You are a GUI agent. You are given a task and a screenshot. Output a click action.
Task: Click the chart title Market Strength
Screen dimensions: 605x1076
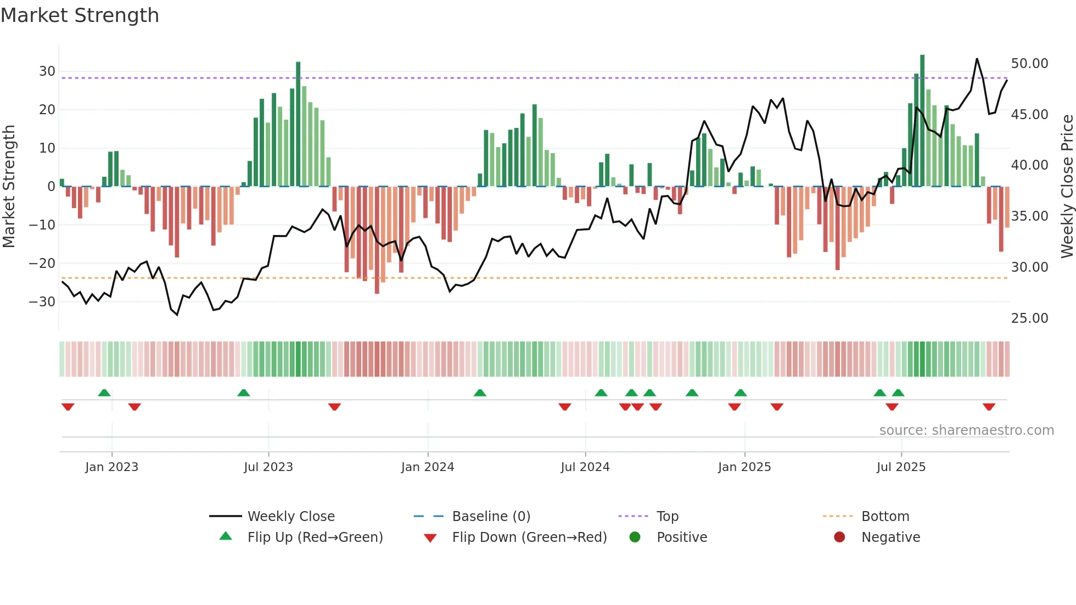pyautogui.click(x=80, y=15)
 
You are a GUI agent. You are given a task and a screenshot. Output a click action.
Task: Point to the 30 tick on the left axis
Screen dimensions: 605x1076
pyautogui.click(x=47, y=71)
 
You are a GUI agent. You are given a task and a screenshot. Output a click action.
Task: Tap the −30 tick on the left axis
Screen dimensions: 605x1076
pyautogui.click(x=43, y=302)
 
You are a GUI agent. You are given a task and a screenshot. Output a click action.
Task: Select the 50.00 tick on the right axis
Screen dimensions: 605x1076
pyautogui.click(x=1029, y=64)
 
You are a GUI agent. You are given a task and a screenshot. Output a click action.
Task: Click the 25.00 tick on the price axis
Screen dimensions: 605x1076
pyautogui.click(x=1029, y=318)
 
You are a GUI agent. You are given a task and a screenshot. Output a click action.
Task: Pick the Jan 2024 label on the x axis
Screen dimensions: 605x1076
pyautogui.click(x=428, y=467)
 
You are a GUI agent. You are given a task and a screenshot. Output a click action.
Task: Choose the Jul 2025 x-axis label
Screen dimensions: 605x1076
pyautogui.click(x=901, y=467)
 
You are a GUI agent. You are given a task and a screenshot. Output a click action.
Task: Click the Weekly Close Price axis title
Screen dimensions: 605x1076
pyautogui.click(x=1067, y=187)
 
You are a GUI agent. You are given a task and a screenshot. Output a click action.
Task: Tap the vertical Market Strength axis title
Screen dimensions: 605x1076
pyautogui.click(x=9, y=187)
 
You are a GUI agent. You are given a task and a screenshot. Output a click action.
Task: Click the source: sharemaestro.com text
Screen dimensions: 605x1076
pyautogui.click(x=966, y=430)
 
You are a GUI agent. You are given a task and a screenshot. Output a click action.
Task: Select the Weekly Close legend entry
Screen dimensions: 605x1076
pyautogui.click(x=291, y=517)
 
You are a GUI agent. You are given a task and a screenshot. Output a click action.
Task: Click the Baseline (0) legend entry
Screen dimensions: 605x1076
pyautogui.click(x=491, y=517)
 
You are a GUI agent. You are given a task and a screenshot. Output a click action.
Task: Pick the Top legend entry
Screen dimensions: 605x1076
pyautogui.click(x=668, y=517)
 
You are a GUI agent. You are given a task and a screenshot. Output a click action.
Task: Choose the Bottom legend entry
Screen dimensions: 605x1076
pyautogui.click(x=885, y=517)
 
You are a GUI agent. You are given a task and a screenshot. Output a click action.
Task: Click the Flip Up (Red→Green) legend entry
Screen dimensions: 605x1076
pyautogui.click(x=315, y=537)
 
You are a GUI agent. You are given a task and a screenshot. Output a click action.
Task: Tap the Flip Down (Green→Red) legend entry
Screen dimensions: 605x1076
pyautogui.click(x=529, y=537)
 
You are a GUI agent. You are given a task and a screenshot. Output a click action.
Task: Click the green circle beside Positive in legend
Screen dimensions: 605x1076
pyautogui.click(x=635, y=537)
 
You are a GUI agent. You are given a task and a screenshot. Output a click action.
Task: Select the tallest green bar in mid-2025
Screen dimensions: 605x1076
pyautogui.click(x=922, y=121)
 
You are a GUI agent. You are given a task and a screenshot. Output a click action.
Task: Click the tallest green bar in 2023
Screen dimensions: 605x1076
pyautogui.click(x=298, y=124)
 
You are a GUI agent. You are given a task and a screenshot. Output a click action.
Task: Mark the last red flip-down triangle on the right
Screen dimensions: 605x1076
pyautogui.click(x=989, y=407)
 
